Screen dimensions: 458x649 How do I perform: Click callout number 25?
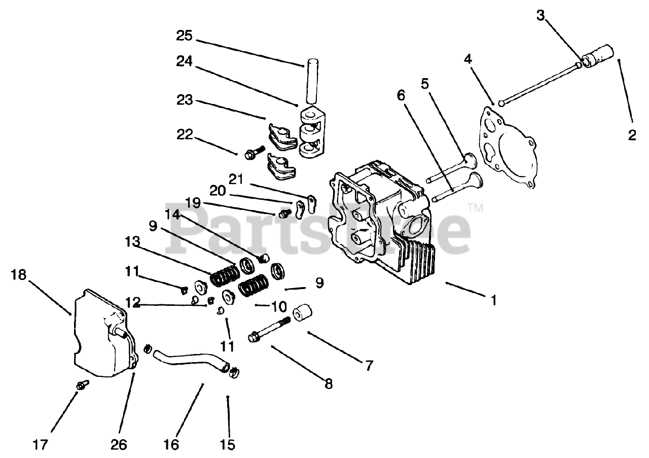tap(185, 36)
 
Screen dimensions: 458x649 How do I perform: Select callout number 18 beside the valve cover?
tap(18, 275)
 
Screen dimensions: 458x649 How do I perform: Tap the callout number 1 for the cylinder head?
tap(492, 300)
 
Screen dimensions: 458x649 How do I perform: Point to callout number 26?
tap(120, 445)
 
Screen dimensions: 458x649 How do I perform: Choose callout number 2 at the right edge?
tap(632, 135)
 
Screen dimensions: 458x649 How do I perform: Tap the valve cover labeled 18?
tap(101, 335)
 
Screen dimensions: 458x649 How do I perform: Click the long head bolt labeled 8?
tap(269, 330)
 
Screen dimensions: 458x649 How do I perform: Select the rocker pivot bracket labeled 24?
tap(311, 132)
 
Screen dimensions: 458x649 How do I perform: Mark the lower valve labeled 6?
tap(456, 187)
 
